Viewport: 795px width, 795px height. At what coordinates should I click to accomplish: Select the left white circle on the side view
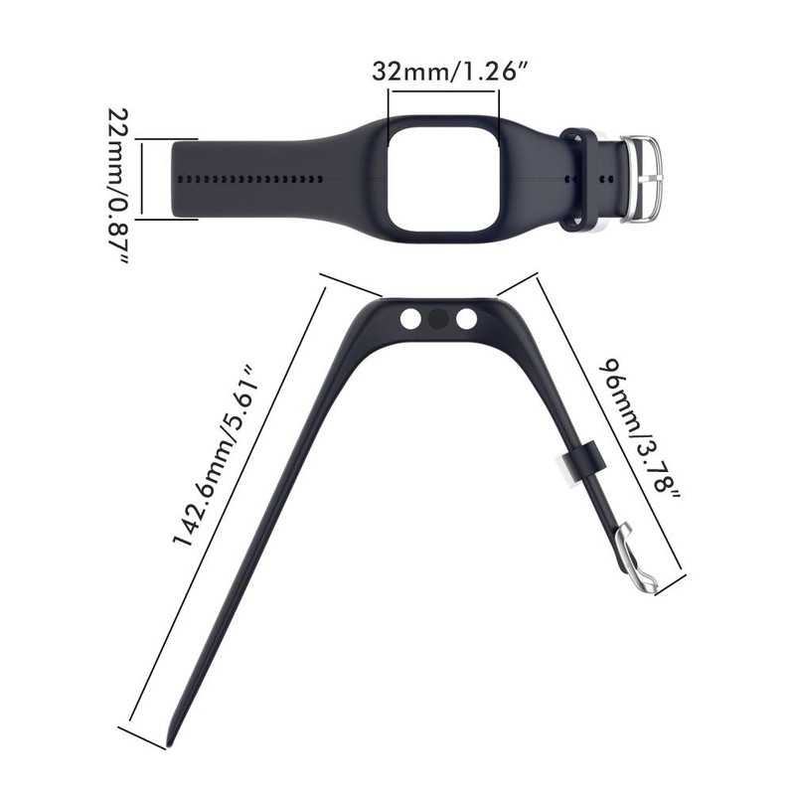tap(409, 319)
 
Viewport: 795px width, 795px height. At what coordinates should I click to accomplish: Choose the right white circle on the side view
tap(466, 319)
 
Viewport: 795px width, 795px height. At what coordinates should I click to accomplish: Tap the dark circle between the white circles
tap(437, 319)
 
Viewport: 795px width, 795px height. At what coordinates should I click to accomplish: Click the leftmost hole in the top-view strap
tap(181, 179)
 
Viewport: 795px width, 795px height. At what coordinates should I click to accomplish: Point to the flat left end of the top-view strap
tap(175, 179)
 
